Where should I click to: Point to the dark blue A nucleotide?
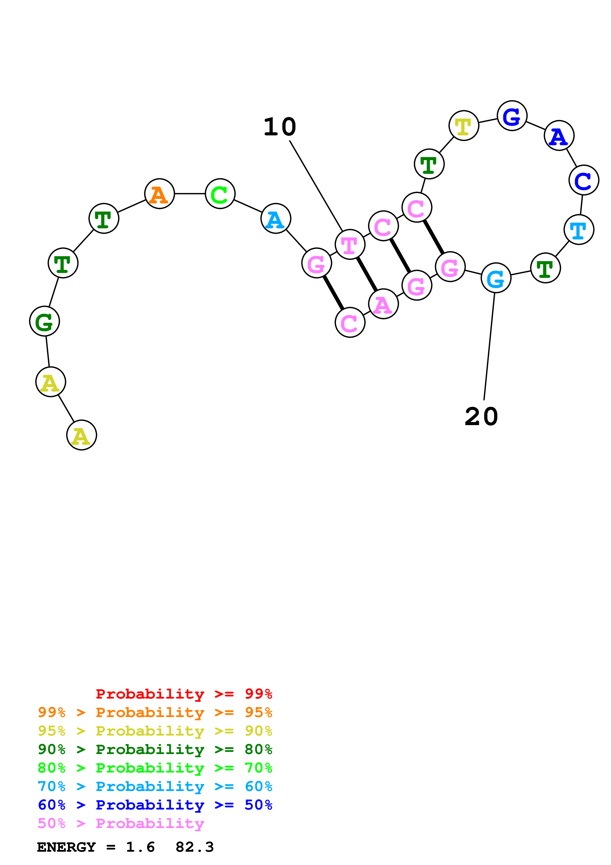559,135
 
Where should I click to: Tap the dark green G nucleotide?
44,321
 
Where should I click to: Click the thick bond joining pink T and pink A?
367,274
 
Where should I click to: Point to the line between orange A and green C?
190,194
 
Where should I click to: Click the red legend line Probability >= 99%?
184,694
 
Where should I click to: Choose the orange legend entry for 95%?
155,712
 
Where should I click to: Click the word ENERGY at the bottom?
66,847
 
